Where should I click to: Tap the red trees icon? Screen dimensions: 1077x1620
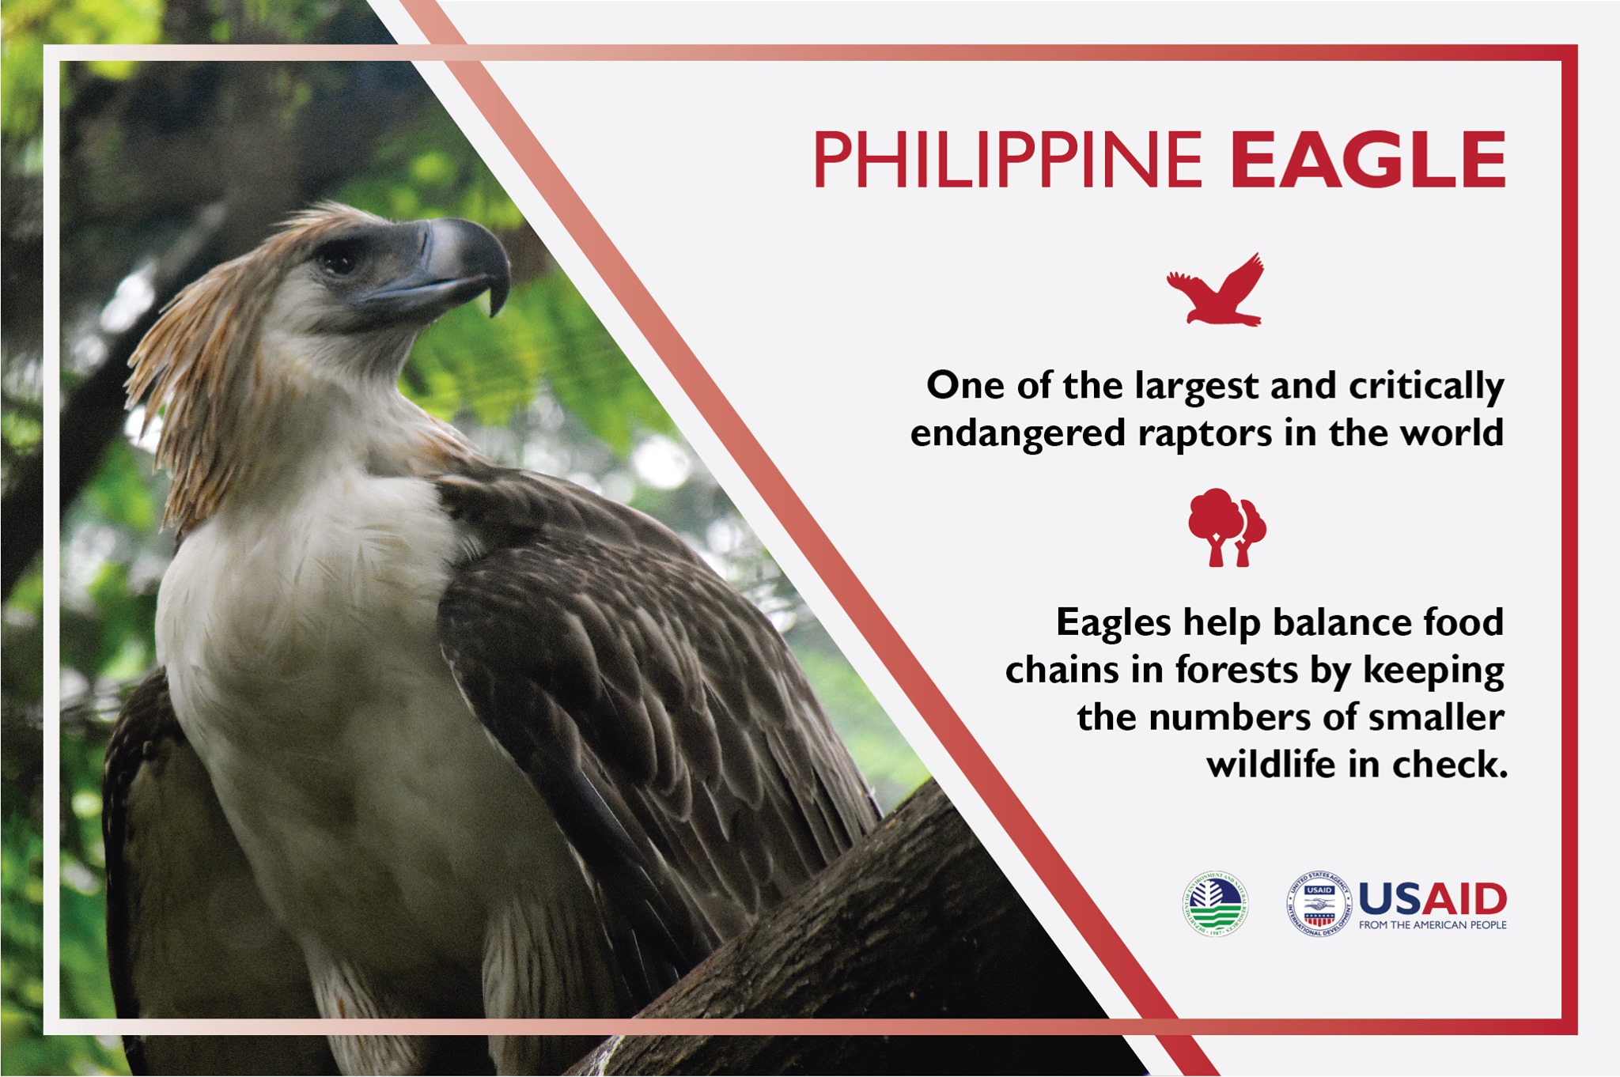[x=1226, y=527]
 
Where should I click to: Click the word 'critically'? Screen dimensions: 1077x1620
[x=1425, y=387]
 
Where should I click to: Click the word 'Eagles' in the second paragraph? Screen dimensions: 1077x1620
[x=1113, y=623]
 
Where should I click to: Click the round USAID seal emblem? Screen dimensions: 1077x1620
[x=1319, y=904]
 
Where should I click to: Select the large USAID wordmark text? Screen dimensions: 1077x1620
[x=1433, y=898]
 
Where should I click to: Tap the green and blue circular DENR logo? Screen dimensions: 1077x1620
[x=1216, y=904]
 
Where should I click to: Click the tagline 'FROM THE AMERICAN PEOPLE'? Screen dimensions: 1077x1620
[x=1433, y=924]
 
